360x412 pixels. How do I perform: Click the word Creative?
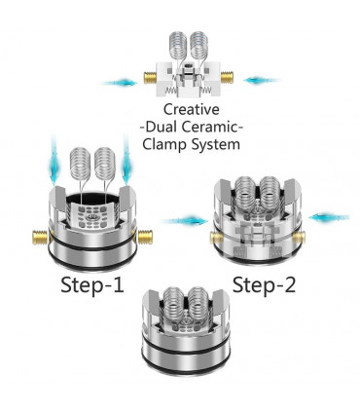point(192,109)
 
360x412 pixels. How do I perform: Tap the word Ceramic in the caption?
point(211,127)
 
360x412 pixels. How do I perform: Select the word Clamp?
point(164,144)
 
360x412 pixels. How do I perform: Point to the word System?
point(216,144)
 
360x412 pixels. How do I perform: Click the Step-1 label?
point(92,285)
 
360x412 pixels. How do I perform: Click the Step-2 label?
point(264,285)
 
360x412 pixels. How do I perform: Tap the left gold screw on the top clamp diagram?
point(151,78)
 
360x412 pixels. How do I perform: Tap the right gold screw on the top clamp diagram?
point(227,78)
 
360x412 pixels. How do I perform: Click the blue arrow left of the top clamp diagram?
point(120,83)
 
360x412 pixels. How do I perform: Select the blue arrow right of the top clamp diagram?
point(262,80)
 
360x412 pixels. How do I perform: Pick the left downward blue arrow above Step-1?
point(54,161)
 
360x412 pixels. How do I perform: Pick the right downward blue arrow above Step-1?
point(126,161)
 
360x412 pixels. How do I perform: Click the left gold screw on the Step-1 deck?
point(40,237)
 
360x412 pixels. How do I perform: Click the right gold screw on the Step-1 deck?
point(145,237)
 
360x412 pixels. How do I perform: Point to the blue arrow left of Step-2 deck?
point(185,221)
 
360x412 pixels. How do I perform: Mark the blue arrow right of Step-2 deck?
point(329,217)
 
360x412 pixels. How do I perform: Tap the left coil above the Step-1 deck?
point(80,164)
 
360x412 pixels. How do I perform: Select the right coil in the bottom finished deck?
point(198,305)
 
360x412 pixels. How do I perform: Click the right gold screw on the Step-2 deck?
point(299,238)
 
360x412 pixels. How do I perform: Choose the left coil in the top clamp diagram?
point(178,47)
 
